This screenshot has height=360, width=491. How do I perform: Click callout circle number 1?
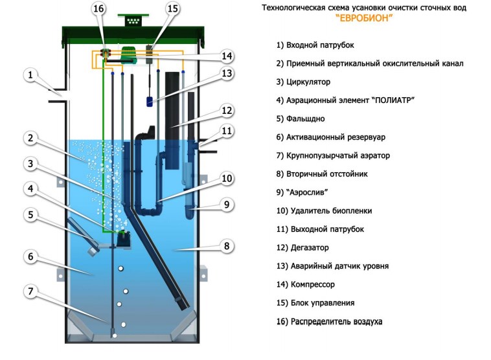[30, 75]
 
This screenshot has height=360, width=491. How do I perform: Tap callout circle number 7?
[30, 291]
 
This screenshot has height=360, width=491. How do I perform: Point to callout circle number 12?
[226, 110]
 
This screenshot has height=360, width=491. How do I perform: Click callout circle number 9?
[226, 205]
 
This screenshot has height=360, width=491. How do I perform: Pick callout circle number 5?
[30, 214]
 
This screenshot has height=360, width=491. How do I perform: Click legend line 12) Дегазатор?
[303, 247]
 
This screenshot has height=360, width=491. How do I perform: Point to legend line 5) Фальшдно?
[301, 119]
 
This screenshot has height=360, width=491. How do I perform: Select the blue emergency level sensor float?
[150, 101]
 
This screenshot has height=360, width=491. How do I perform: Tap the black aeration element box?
[122, 239]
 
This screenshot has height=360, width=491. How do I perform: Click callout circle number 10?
[226, 178]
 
